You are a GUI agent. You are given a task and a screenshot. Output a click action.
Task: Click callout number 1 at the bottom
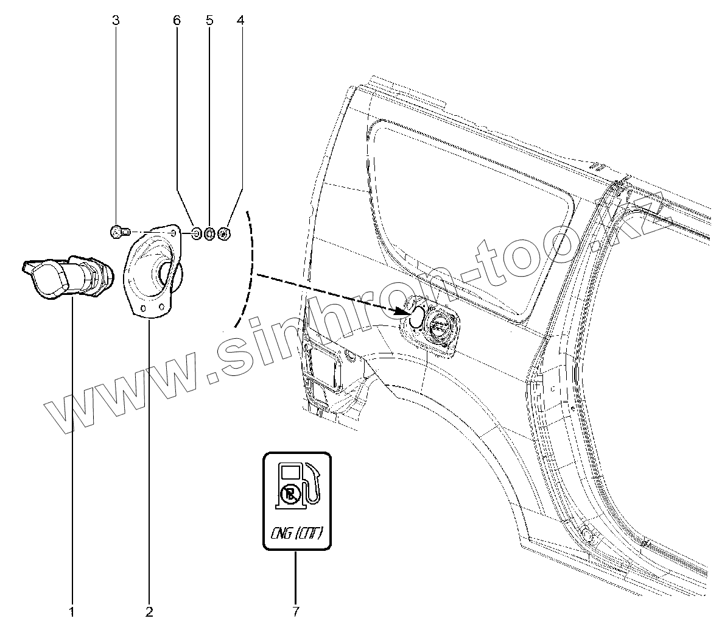[72, 610]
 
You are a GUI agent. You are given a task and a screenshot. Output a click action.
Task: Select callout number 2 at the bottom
[149, 610]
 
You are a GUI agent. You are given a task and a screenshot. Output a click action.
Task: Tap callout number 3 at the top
[116, 21]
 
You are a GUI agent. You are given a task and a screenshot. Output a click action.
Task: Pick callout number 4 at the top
[240, 21]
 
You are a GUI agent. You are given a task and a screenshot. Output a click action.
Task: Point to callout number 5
[209, 21]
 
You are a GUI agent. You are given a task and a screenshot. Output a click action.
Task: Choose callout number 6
[177, 21]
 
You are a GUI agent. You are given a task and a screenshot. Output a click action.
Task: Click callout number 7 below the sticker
[296, 610]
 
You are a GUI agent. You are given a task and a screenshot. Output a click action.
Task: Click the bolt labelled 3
[119, 232]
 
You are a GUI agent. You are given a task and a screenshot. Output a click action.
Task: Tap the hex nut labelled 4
[223, 233]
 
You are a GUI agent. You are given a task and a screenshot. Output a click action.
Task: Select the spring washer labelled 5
[209, 233]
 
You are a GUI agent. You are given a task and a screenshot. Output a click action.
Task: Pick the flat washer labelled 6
[197, 233]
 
